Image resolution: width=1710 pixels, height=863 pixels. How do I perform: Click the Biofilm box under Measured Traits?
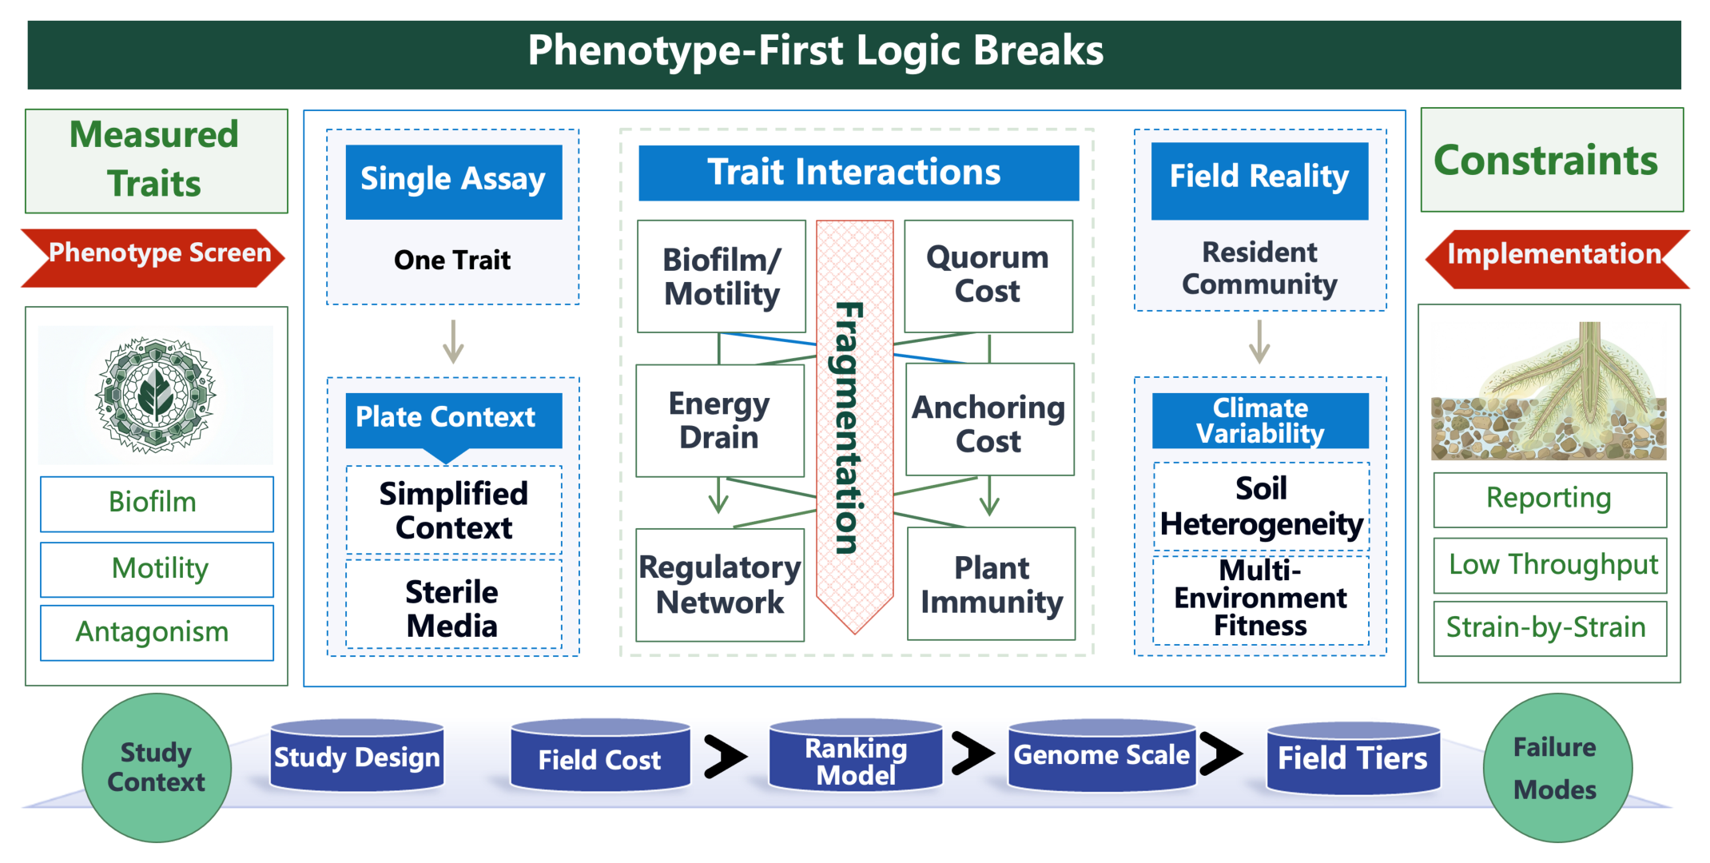click(157, 503)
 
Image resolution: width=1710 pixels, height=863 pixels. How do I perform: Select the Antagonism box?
click(157, 632)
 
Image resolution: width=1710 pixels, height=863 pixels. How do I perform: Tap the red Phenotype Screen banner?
click(153, 257)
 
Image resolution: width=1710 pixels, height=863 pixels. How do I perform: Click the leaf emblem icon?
click(156, 395)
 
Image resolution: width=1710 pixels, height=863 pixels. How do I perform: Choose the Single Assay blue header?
click(454, 181)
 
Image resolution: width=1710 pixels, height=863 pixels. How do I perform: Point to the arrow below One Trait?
click(453, 342)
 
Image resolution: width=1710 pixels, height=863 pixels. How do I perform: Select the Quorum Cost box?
click(988, 276)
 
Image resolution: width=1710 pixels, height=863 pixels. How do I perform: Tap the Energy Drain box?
click(720, 420)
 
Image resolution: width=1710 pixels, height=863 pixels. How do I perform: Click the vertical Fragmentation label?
click(849, 428)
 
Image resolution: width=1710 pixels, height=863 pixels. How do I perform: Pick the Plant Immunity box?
click(992, 584)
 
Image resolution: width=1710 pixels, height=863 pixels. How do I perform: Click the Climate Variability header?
click(1260, 420)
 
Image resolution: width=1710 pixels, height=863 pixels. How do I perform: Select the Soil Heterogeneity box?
click(1262, 507)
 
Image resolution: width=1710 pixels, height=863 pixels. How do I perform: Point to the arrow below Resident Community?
click(1259, 342)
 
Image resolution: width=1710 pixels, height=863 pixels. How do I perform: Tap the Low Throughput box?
click(1551, 565)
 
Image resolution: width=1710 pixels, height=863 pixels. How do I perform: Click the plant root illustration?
click(1549, 391)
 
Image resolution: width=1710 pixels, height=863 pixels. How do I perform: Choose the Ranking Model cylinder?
click(856, 756)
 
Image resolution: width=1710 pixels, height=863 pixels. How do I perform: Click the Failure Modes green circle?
click(1557, 768)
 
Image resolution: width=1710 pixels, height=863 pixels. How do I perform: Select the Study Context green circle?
click(157, 768)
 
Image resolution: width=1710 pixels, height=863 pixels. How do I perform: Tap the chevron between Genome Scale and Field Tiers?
click(1220, 754)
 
